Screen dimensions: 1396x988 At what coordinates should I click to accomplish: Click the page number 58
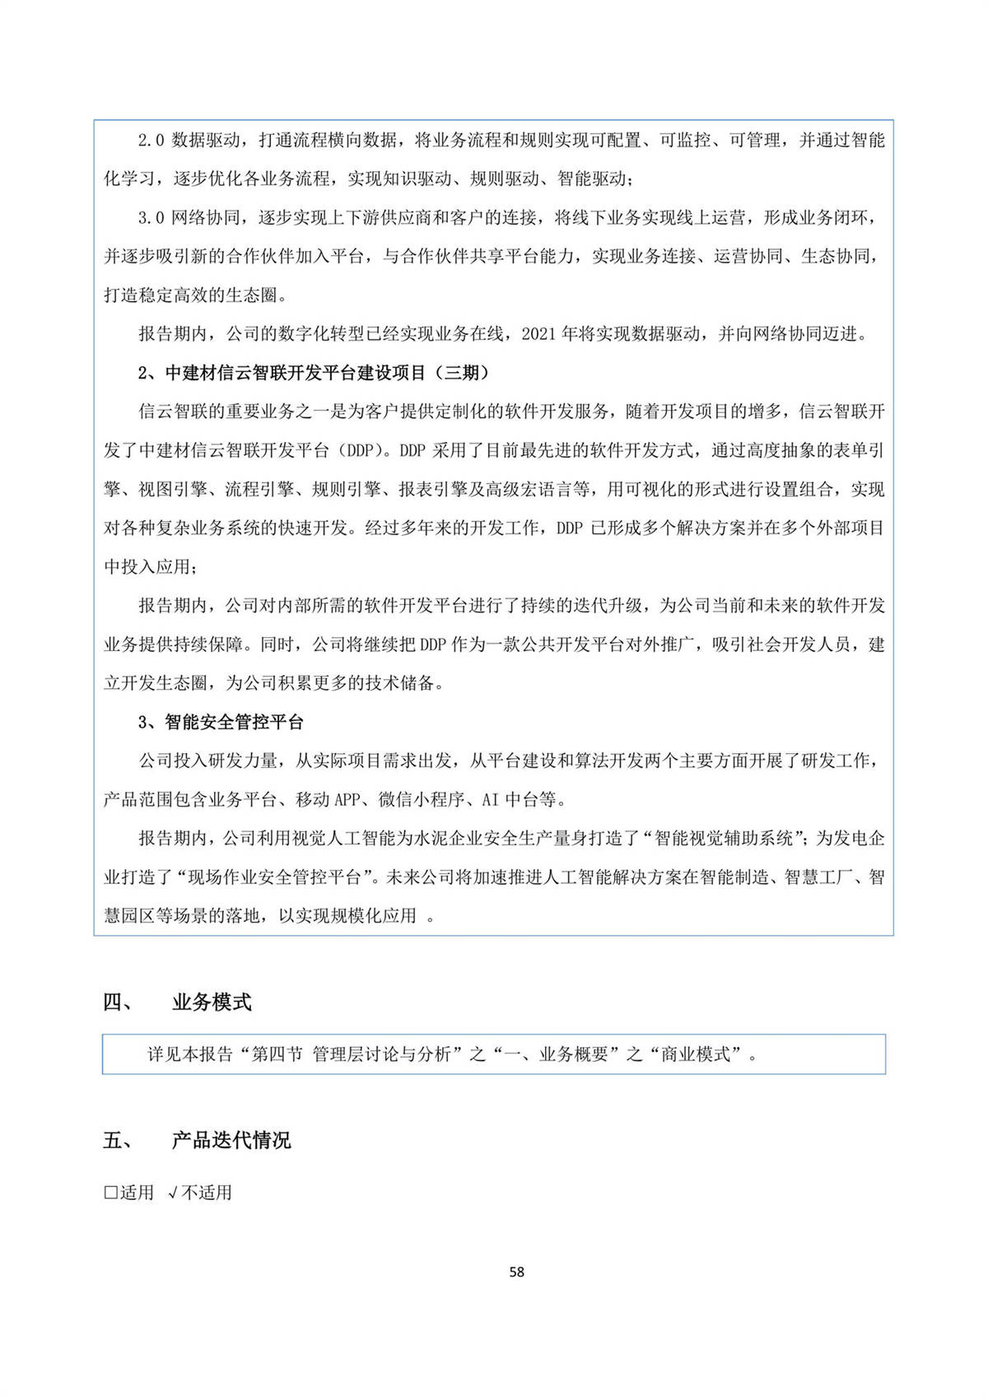(516, 1272)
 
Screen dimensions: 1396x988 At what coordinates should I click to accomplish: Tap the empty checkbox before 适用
(110, 1193)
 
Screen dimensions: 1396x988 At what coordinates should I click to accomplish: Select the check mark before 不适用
(172, 1193)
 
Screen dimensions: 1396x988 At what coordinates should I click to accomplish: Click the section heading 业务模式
(212, 1003)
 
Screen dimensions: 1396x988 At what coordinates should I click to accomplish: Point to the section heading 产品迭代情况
(231, 1141)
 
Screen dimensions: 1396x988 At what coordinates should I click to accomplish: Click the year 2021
(538, 334)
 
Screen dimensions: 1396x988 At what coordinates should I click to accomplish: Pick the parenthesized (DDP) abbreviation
(359, 450)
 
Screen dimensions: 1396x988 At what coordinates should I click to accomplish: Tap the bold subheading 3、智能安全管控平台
(221, 722)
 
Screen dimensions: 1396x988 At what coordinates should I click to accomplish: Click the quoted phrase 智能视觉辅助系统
(723, 838)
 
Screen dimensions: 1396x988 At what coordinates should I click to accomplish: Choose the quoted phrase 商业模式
(695, 1054)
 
